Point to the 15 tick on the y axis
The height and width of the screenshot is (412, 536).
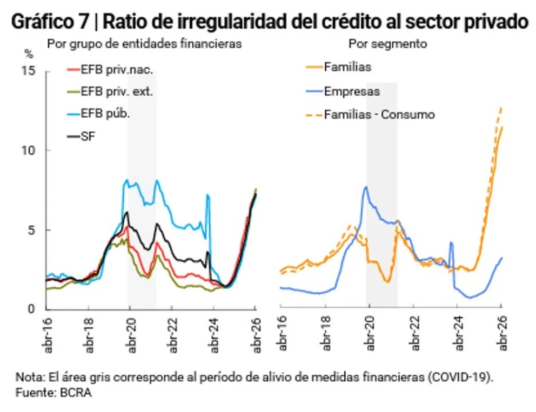click(x=29, y=71)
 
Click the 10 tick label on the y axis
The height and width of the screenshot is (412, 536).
click(x=29, y=150)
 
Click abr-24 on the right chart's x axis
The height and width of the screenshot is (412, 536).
click(x=459, y=333)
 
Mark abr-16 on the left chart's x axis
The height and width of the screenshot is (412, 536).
click(x=48, y=335)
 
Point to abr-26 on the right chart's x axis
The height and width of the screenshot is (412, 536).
click(x=502, y=333)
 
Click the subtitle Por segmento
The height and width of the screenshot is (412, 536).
click(x=387, y=44)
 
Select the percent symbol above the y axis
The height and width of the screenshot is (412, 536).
click(x=29, y=53)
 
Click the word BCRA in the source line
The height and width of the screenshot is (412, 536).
click(x=76, y=393)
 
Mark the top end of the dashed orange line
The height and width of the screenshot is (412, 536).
click(x=501, y=107)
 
